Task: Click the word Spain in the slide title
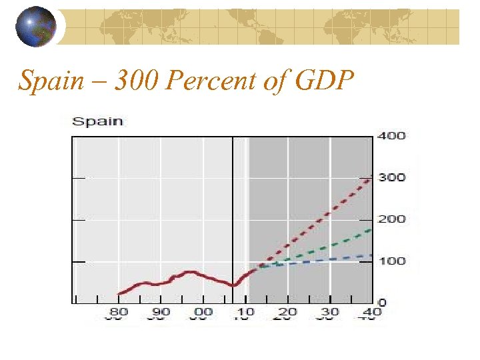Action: point(47,81)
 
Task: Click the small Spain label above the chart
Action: point(97,121)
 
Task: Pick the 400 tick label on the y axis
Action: point(391,136)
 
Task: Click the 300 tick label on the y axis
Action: point(391,177)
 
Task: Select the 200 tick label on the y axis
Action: point(391,219)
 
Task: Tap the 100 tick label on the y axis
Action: point(391,261)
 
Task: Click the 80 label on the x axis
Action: point(119,312)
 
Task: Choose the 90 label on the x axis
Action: point(161,312)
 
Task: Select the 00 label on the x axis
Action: point(203,312)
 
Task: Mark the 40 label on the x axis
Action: point(371,312)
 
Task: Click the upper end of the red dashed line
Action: point(371,178)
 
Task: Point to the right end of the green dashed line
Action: point(371,230)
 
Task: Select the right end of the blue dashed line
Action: point(371,255)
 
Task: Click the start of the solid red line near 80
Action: point(119,294)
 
